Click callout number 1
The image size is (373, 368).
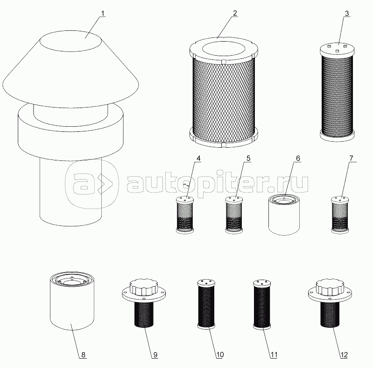click(x=103, y=14)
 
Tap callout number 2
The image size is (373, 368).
click(x=235, y=14)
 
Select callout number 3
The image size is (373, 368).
click(x=346, y=14)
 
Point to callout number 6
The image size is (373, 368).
click(x=298, y=158)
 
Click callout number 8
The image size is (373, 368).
click(x=83, y=354)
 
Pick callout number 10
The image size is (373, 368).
click(x=220, y=354)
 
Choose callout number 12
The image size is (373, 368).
click(x=344, y=354)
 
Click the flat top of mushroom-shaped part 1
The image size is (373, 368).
click(x=70, y=41)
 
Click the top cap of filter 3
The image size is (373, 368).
click(x=337, y=50)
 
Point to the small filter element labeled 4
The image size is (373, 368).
click(x=185, y=215)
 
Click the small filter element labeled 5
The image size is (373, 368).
click(x=234, y=215)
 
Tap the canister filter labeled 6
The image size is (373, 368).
click(x=284, y=215)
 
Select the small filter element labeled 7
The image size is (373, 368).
click(x=340, y=215)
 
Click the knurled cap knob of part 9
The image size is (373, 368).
click(x=144, y=287)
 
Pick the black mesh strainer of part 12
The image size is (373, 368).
click(x=330, y=314)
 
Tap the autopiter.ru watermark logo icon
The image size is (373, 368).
click(x=92, y=184)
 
